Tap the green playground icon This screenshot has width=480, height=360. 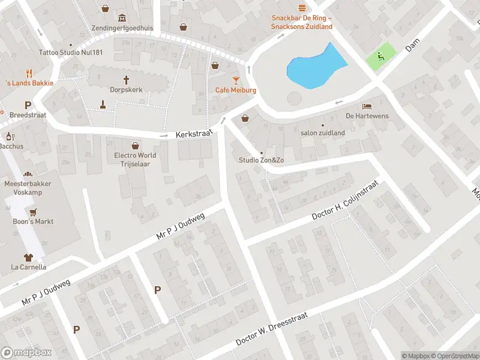point(380,56)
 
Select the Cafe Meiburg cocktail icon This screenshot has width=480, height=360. point(236,80)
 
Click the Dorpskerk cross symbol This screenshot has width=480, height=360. point(127,80)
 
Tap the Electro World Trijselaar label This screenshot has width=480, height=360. point(135,159)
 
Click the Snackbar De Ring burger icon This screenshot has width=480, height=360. point(302,8)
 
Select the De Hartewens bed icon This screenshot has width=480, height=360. point(367,106)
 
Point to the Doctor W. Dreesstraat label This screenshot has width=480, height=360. point(272,331)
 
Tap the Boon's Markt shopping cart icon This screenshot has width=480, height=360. point(33,212)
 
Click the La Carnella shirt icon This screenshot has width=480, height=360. point(28,257)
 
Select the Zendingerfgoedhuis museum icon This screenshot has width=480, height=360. point(122,17)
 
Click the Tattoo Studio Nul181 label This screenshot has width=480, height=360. point(71,53)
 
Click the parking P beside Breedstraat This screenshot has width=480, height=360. point(28,105)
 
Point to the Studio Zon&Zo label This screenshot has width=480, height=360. point(261,160)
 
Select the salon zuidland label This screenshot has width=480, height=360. point(323,133)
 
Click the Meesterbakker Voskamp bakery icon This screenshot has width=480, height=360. point(28,174)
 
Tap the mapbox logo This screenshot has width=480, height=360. point(26,353)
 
